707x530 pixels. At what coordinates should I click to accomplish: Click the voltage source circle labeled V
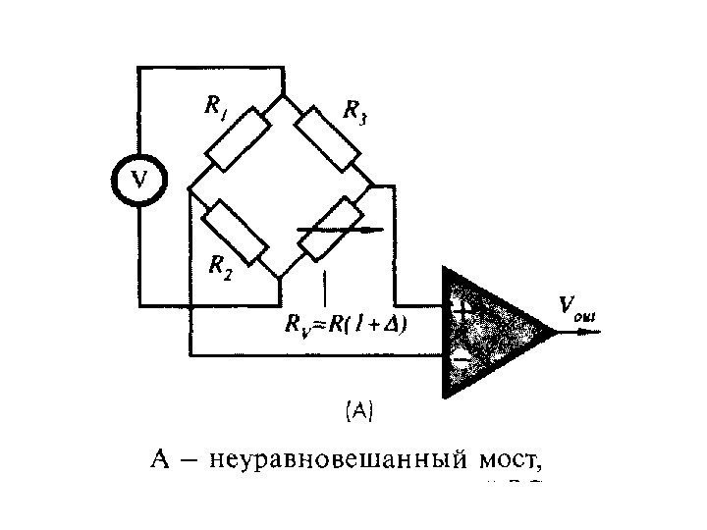[x=139, y=180]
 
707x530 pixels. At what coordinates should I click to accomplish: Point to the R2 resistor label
[x=221, y=266]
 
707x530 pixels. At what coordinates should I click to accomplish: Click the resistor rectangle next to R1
[x=236, y=136]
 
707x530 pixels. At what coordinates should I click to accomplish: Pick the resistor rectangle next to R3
[x=327, y=135]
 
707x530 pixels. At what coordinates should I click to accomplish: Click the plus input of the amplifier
[x=462, y=305]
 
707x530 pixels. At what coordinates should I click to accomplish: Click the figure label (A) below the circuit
[x=356, y=410]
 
